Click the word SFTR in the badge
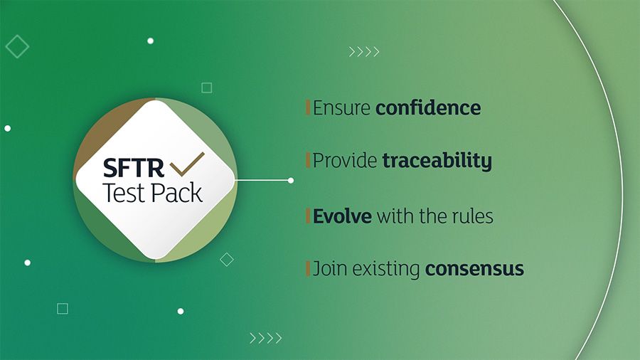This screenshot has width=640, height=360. [134, 168]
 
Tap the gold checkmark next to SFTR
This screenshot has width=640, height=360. [187, 164]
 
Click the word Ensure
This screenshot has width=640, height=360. [341, 107]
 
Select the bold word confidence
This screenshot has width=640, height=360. [428, 107]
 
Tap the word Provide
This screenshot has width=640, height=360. [345, 160]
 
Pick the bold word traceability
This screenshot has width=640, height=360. [437, 160]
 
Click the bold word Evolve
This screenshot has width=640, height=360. [342, 216]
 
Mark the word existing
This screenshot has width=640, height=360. [386, 269]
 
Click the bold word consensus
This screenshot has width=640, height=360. [475, 269]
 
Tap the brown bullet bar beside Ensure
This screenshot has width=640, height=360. [308, 107]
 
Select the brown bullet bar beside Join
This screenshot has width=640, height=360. [308, 268]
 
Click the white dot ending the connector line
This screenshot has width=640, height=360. [291, 180]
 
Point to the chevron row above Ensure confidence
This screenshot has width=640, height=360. [364, 52]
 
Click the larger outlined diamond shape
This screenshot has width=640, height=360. [17, 46]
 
